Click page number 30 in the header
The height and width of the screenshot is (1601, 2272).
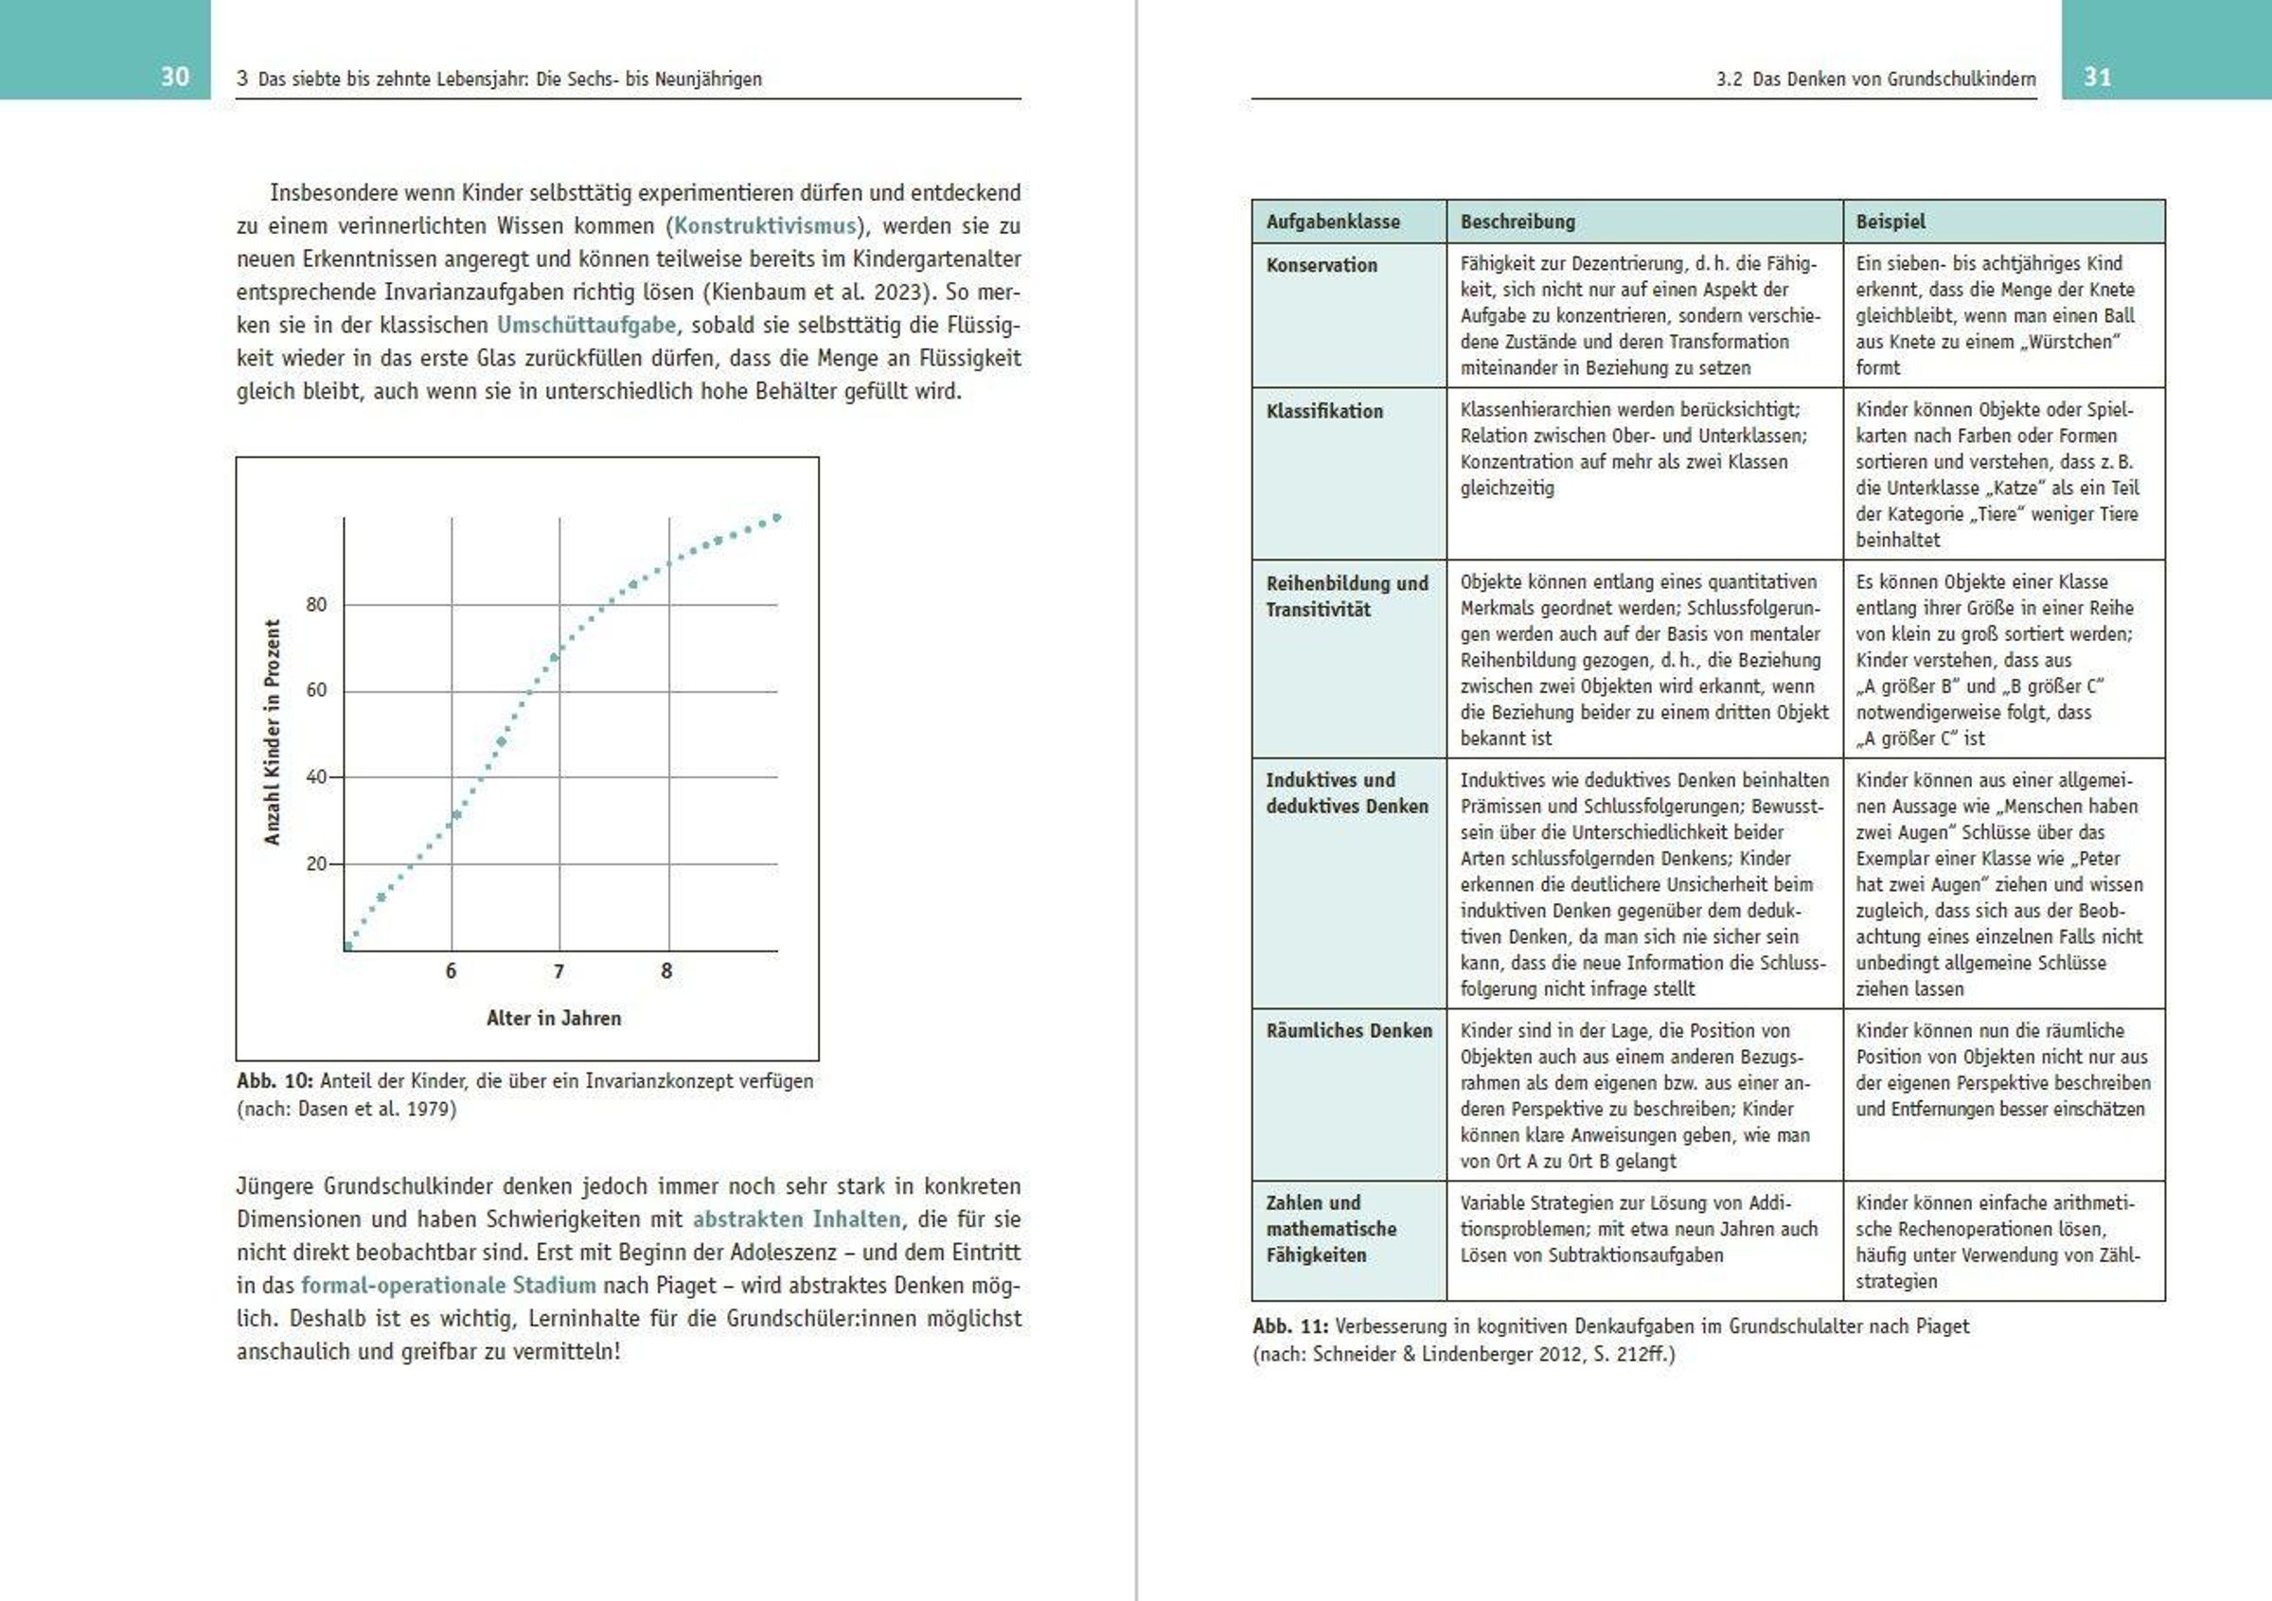coord(174,78)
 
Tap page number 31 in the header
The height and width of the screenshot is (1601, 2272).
coord(2097,78)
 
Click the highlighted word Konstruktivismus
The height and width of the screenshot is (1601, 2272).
coord(764,225)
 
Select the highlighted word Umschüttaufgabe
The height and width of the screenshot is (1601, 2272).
coord(587,325)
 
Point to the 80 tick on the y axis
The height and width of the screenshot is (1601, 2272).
coord(315,605)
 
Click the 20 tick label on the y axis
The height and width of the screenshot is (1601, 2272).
coord(315,863)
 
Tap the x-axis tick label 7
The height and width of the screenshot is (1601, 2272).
coord(559,971)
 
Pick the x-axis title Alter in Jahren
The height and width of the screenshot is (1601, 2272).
coord(553,1018)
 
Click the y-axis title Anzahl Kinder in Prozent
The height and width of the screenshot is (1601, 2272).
coord(272,732)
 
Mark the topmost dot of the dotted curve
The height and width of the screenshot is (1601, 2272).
coord(777,518)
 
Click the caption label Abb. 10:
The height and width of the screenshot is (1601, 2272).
coord(275,1080)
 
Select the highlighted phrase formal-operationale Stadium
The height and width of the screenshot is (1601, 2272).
coord(449,1286)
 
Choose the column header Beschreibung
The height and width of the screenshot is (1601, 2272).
coord(1517,222)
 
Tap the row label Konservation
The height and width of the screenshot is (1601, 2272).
coord(1321,265)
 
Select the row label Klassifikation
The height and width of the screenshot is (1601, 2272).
coord(1324,411)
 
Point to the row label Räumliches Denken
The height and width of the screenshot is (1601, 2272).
coord(1349,1031)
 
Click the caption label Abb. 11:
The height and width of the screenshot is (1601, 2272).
coord(1290,1325)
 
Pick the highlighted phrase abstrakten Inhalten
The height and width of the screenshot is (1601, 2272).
coord(796,1219)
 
